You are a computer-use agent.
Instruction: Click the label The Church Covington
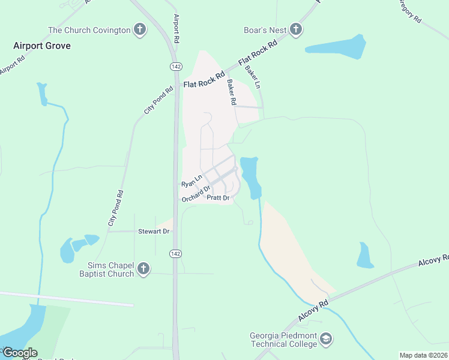coord(89,30)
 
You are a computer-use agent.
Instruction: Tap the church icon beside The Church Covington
coord(139,30)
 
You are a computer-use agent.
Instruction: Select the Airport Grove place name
coord(42,46)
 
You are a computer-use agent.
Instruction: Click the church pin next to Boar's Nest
coord(295,29)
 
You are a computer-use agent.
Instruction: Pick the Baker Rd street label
coord(230,93)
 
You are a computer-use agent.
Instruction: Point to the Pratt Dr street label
coord(218,197)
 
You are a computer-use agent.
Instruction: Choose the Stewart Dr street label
coord(154,231)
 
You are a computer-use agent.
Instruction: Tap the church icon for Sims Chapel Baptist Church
coord(143,269)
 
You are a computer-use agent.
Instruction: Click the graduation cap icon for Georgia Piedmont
coord(326,340)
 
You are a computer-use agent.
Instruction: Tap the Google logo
coord(20,353)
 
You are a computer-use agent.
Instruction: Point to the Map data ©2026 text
coord(423,355)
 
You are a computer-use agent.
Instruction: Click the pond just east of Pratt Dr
coord(251,177)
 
